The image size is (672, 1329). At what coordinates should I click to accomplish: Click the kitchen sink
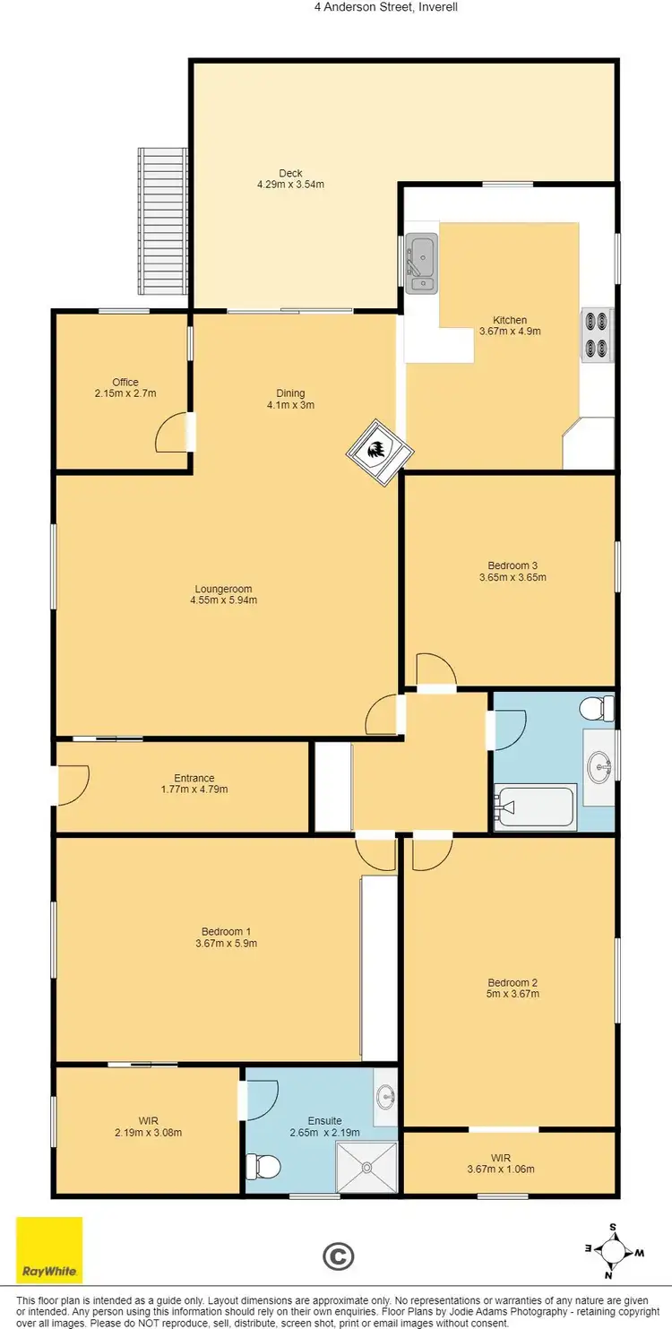(420, 263)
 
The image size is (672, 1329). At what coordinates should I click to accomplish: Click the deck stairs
(163, 221)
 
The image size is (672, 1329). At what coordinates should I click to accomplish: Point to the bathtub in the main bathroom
(536, 807)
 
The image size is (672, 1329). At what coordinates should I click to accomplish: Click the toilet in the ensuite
(263, 1166)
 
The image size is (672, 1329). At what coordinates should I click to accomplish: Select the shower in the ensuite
(366, 1167)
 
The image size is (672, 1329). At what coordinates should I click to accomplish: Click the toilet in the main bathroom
(597, 710)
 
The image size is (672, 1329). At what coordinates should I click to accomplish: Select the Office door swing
(171, 435)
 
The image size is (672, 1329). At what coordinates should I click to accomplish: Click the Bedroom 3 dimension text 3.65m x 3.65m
(513, 577)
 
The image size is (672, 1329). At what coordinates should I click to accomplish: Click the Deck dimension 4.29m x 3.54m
(289, 185)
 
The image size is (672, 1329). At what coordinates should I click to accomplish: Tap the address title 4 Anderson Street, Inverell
(335, 6)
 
